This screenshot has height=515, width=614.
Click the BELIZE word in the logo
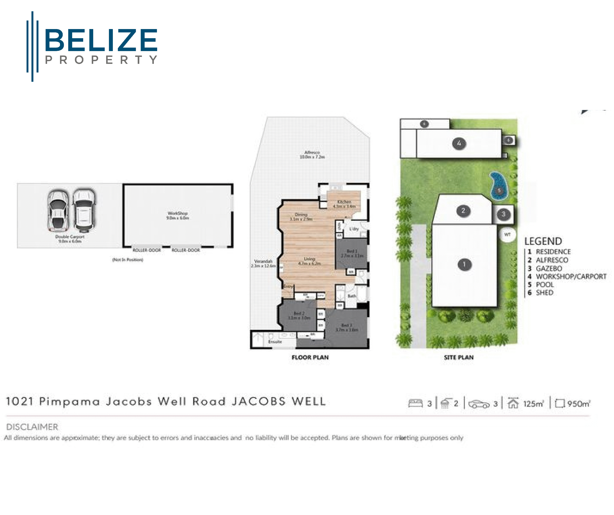coord(101,40)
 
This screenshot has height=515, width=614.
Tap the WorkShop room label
coord(177,216)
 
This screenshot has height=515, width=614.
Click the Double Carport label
coord(70,239)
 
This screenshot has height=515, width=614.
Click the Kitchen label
coord(344,204)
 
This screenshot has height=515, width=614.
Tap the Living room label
coord(309,261)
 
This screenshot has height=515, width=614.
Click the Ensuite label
coord(275,341)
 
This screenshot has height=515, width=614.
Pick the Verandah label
coord(263,263)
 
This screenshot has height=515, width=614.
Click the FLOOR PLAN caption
coord(310,357)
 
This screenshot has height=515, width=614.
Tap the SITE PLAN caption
coord(459,357)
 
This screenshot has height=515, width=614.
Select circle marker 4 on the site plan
coord(459,143)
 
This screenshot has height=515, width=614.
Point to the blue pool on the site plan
coord(499,187)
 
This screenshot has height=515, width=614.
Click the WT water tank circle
coord(507,234)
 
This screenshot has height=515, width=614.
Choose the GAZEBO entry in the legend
coord(549,268)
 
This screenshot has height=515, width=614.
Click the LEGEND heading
coord(543,241)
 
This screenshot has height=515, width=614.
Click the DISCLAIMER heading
coord(32,427)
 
